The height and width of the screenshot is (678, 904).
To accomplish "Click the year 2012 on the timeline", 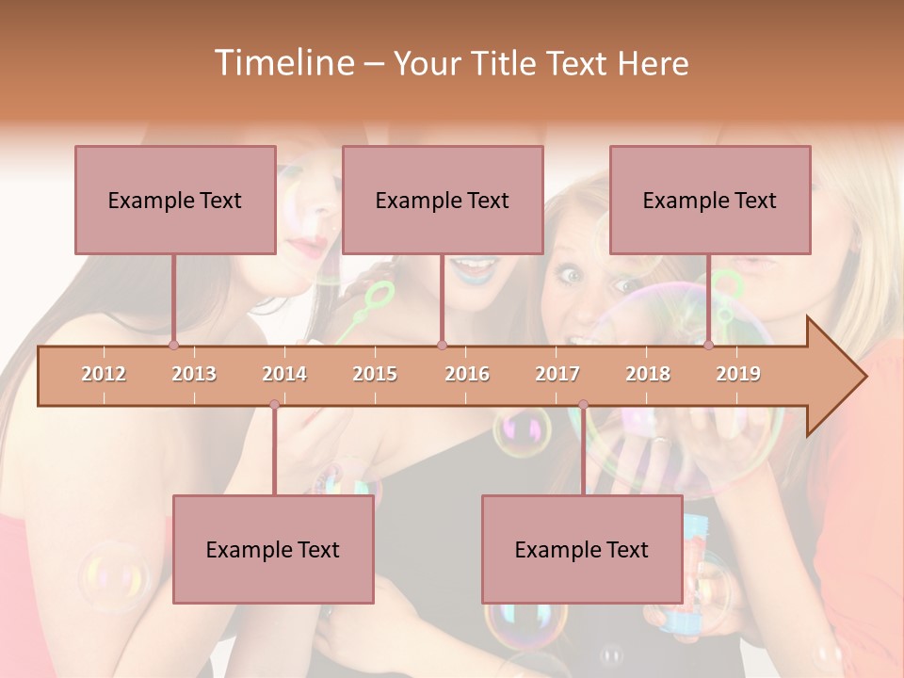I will (x=104, y=374).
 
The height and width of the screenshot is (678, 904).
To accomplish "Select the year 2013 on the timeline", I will (x=194, y=374).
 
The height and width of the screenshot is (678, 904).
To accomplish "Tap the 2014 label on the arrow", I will (x=284, y=374).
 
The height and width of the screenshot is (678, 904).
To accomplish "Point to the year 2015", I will (x=375, y=374).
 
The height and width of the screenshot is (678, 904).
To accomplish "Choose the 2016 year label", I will (x=467, y=374).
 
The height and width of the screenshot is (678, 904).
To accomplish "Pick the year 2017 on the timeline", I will (x=557, y=374).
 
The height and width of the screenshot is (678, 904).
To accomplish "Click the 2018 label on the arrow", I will (x=648, y=374).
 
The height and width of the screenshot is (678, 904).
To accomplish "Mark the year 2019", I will (x=738, y=374).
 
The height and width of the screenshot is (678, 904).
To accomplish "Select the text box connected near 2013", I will (x=175, y=200).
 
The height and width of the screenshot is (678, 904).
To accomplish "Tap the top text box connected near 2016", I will (x=443, y=200).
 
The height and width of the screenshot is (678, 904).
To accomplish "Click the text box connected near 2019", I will (x=710, y=200).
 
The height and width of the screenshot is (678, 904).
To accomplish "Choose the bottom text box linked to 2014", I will (x=273, y=549).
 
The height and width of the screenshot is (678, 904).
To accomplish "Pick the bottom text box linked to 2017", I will (x=582, y=549).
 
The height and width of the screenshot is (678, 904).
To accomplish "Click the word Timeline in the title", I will (x=282, y=63).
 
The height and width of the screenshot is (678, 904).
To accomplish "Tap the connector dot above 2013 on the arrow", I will (x=174, y=346).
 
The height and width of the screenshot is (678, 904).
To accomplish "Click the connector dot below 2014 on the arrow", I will (x=274, y=405).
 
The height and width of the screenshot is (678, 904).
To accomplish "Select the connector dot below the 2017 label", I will (x=583, y=405).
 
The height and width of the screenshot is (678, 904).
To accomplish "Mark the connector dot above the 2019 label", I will (x=709, y=346).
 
